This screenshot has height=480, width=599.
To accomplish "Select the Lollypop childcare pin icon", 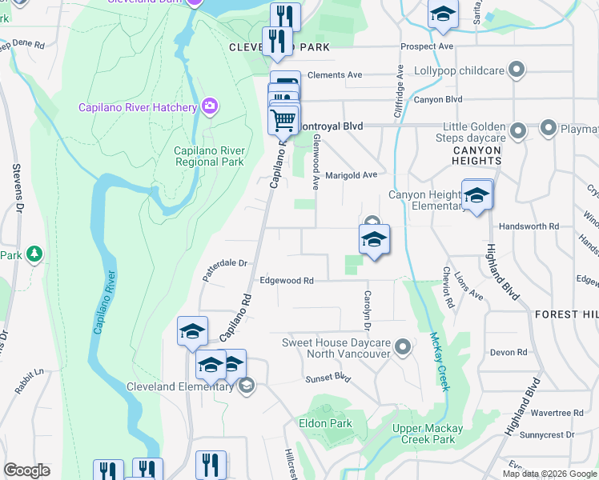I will pyautogui.click(x=517, y=70).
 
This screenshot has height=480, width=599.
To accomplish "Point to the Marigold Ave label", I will pyautogui.click(x=351, y=175).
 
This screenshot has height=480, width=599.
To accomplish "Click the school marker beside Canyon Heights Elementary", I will pyautogui.click(x=477, y=196).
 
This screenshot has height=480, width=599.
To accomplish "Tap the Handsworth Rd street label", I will pyautogui.click(x=529, y=227).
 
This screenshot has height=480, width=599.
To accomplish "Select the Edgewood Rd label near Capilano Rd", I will pyautogui.click(x=286, y=281).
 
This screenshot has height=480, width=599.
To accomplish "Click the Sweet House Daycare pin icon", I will pyautogui.click(x=403, y=347).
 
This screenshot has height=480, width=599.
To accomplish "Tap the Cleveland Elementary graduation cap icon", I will pyautogui.click(x=247, y=387).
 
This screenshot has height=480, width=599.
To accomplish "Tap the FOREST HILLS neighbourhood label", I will pyautogui.click(x=566, y=314).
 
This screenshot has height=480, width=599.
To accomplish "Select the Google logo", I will pyautogui.click(x=26, y=470).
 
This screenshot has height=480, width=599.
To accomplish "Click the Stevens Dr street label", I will pyautogui.click(x=16, y=189).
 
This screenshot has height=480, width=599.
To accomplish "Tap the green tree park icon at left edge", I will pyautogui.click(x=34, y=254).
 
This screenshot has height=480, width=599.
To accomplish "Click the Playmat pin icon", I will pyautogui.click(x=549, y=127).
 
